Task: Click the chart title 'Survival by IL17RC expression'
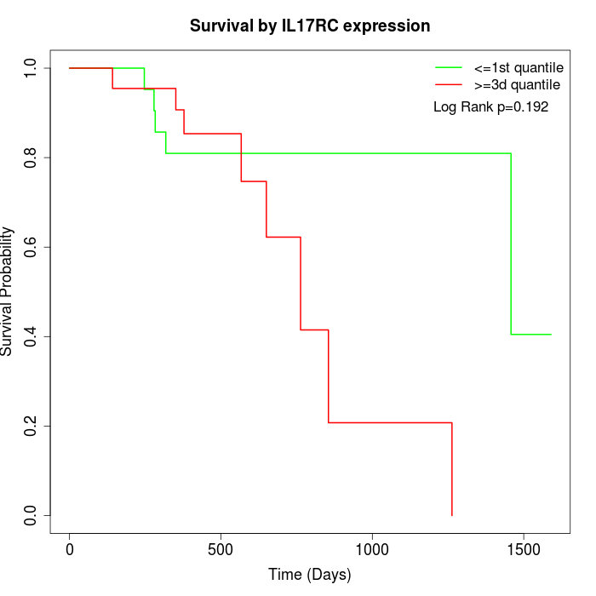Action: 310,26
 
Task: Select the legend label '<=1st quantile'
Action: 519,67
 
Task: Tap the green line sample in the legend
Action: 449,67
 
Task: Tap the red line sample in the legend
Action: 449,85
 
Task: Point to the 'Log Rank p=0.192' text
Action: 490,107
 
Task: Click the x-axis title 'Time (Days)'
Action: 310,576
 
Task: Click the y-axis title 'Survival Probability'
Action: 9,291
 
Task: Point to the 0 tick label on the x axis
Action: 70,548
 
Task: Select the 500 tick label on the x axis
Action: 221,548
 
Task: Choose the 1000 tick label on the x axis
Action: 372,548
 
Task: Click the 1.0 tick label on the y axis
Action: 32,68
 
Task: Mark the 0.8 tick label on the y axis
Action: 32,158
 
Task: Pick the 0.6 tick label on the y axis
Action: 32,247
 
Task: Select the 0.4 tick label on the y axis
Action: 32,336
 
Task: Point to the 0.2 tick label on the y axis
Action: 32,426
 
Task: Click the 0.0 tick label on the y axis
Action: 32,515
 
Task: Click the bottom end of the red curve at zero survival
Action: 451,515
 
